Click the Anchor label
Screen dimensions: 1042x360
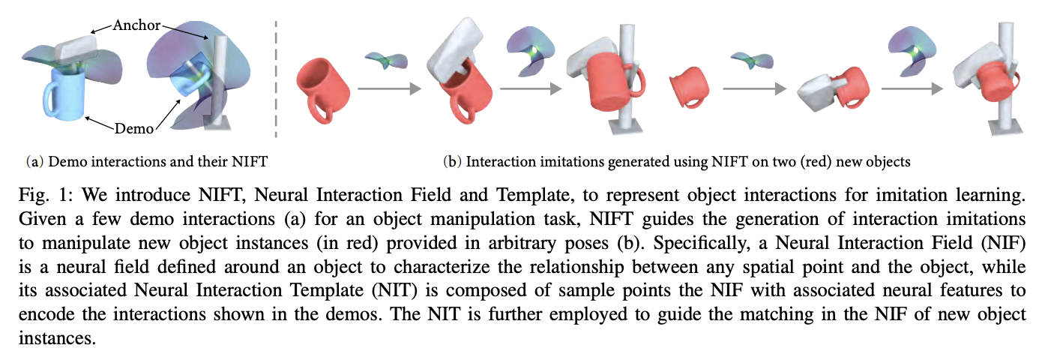point(136,25)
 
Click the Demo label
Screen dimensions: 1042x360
point(134,128)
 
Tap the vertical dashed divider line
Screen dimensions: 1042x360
point(276,79)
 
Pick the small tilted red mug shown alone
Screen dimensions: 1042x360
point(689,88)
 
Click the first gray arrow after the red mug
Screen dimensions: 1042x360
point(389,88)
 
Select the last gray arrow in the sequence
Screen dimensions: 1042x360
point(912,88)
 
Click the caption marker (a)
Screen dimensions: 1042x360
point(35,161)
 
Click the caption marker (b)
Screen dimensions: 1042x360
point(452,161)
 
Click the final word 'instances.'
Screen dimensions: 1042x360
point(57,338)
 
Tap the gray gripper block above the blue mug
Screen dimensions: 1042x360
point(76,49)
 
